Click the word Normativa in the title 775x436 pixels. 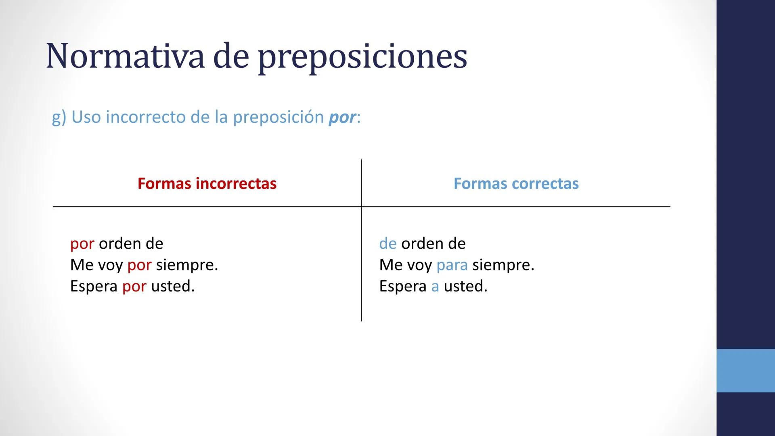click(x=125, y=56)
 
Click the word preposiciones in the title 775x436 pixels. click(x=362, y=57)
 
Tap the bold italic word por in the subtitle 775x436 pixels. click(x=342, y=117)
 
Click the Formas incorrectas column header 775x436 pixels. click(x=207, y=184)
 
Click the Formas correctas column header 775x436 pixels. click(x=516, y=184)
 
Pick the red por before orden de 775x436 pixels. click(x=82, y=244)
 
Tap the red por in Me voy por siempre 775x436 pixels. click(x=139, y=266)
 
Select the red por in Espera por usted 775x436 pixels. click(x=134, y=287)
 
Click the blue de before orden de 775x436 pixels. click(x=387, y=243)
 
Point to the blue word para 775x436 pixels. click(x=452, y=266)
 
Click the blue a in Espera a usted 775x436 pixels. click(x=435, y=287)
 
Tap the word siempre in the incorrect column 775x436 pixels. click(x=186, y=265)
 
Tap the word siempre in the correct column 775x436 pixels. click(x=503, y=265)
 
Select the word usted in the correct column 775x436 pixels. click(x=465, y=286)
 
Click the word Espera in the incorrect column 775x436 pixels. click(x=94, y=287)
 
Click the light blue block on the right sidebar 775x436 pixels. click(x=746, y=370)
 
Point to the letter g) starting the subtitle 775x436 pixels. click(x=59, y=117)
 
